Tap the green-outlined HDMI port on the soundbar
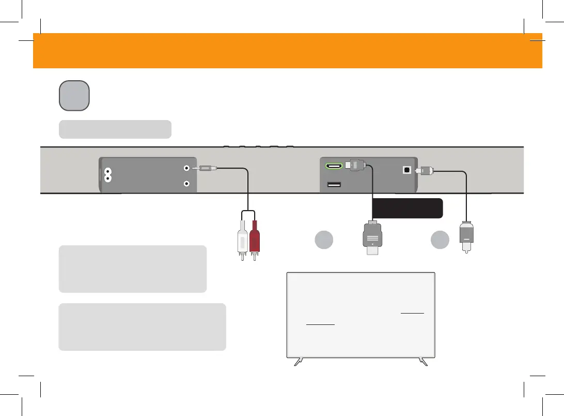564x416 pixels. (333, 167)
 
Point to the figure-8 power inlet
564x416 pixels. (108, 174)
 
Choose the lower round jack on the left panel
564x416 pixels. (186, 184)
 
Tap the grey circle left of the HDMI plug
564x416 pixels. (323, 240)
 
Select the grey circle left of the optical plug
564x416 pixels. (440, 240)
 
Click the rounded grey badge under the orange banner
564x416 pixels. (74, 95)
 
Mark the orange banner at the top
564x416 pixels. (287, 51)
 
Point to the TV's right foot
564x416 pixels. (424, 362)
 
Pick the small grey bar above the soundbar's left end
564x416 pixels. (115, 129)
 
